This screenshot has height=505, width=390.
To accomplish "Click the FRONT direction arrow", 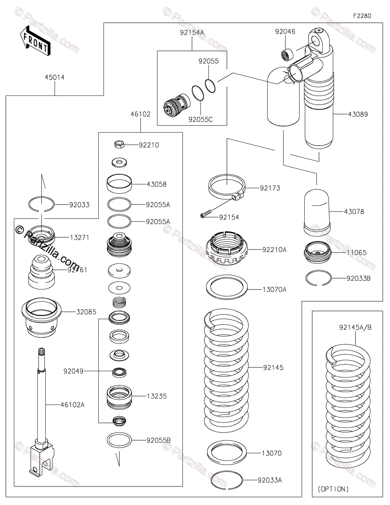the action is (x=35, y=41).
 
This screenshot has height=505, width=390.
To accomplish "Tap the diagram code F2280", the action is (x=362, y=16).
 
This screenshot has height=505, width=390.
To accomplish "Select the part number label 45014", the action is (x=55, y=77).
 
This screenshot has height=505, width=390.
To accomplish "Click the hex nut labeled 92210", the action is (x=119, y=144).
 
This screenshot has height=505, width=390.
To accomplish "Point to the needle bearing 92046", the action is (x=287, y=55).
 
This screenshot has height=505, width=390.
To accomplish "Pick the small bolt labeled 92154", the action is (x=206, y=214).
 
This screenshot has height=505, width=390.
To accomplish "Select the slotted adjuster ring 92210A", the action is (x=227, y=248).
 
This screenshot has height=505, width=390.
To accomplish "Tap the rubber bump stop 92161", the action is (x=42, y=272).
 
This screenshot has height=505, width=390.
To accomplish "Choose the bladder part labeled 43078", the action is (x=317, y=212).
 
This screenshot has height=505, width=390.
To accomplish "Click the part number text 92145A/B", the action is (x=355, y=327).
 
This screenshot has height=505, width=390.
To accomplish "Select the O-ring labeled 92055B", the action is (x=119, y=440).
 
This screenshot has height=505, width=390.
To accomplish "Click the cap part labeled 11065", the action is (x=318, y=252).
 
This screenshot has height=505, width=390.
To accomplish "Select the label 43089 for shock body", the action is (x=358, y=114).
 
